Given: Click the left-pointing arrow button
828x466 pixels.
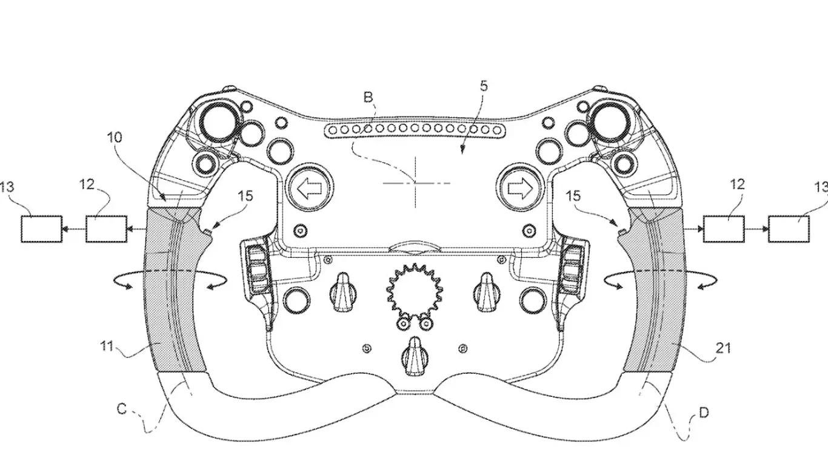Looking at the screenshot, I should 310,189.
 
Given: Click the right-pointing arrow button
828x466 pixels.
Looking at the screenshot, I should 517,189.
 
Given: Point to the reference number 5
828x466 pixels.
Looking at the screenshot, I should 483,86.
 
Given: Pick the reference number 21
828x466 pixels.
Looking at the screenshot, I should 723,348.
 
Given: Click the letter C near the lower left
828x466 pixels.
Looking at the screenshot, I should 121,409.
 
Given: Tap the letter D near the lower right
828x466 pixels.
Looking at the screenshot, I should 704,413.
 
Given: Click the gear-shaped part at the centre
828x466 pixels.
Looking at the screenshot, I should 414,292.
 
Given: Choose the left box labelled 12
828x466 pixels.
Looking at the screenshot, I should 105,228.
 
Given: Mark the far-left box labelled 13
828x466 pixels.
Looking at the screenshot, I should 41,228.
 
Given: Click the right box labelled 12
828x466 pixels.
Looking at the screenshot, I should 723,228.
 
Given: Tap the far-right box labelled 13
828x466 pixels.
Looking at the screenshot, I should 788,228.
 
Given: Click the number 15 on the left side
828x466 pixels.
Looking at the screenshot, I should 245,197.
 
